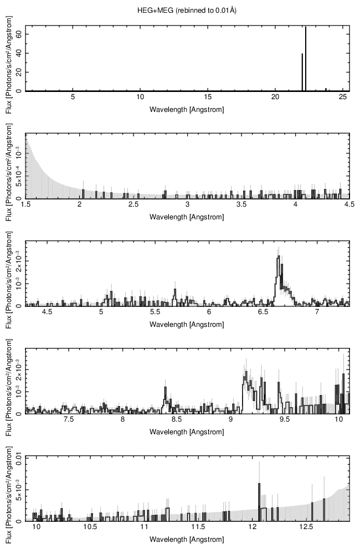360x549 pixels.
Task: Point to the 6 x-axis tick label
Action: point(209,313)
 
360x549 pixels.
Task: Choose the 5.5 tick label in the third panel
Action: point(155,313)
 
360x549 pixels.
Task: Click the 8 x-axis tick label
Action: point(123,420)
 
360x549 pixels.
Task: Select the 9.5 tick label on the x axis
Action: point(285,420)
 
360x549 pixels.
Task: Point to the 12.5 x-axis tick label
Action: point(306,529)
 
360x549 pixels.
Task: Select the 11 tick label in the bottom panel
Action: point(145,529)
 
